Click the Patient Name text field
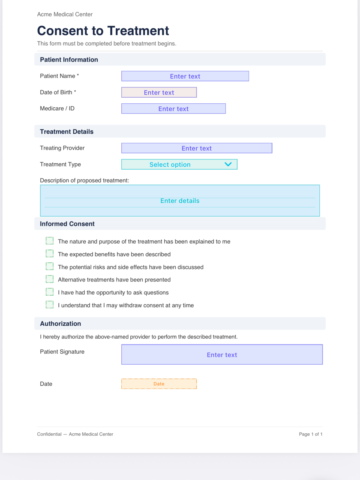(x=185, y=76)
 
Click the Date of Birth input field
(x=159, y=92)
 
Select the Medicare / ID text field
(x=173, y=109)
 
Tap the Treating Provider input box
(x=197, y=148)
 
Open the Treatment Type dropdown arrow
(x=228, y=164)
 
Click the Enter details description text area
(x=180, y=201)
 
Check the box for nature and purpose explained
(x=50, y=241)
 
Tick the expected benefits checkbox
(x=50, y=254)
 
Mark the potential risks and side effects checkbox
(x=50, y=266)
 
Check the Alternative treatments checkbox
(x=50, y=279)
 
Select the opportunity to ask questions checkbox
(x=50, y=292)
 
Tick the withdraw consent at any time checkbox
(x=50, y=305)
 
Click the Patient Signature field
(x=222, y=355)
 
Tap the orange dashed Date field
(x=159, y=384)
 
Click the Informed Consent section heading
(x=67, y=224)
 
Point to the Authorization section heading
(x=60, y=324)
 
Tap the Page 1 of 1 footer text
(x=310, y=434)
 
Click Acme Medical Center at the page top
(x=65, y=14)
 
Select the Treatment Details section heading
(x=67, y=132)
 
